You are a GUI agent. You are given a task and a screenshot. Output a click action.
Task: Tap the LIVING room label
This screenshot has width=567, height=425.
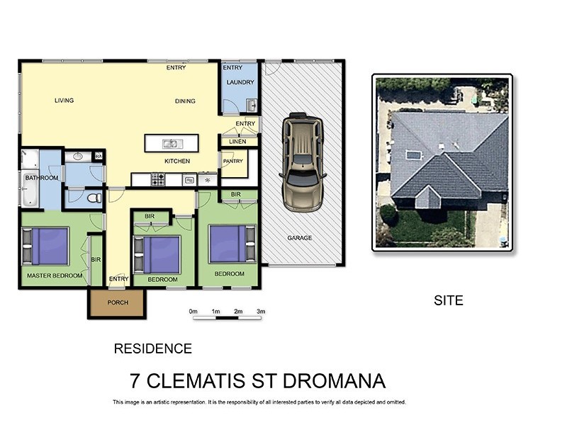[64, 101]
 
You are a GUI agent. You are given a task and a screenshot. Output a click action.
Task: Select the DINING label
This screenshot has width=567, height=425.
[185, 101]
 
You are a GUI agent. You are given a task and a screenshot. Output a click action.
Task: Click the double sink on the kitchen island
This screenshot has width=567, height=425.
[171, 144]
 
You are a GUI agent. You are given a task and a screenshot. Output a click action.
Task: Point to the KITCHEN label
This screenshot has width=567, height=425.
[177, 161]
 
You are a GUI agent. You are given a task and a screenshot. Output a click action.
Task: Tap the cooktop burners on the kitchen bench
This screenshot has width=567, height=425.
[157, 181]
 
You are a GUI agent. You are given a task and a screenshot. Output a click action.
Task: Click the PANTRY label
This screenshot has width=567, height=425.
[232, 161]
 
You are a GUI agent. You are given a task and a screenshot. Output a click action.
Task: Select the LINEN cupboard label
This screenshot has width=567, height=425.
[237, 142]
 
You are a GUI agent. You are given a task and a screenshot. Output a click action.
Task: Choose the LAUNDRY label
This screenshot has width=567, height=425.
[240, 82]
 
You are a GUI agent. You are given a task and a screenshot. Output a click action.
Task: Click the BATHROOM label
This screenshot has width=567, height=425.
[41, 178]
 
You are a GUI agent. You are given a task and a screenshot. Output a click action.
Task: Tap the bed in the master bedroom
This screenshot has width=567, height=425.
[46, 246]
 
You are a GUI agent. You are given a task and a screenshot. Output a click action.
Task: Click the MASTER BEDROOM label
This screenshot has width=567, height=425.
[55, 275]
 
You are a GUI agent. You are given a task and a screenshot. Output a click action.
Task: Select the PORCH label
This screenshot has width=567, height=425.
[117, 302]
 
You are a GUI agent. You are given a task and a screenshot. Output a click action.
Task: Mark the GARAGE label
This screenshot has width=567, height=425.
[300, 238]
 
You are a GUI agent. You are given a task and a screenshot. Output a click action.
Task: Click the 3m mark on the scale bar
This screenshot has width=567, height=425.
[261, 312]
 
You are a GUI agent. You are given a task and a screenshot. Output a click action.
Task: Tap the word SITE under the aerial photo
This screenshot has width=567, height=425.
[448, 300]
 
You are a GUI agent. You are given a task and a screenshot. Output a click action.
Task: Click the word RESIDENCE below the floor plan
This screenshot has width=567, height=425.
[152, 348]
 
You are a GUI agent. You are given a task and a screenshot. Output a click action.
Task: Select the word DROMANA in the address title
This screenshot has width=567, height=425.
[334, 381]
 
